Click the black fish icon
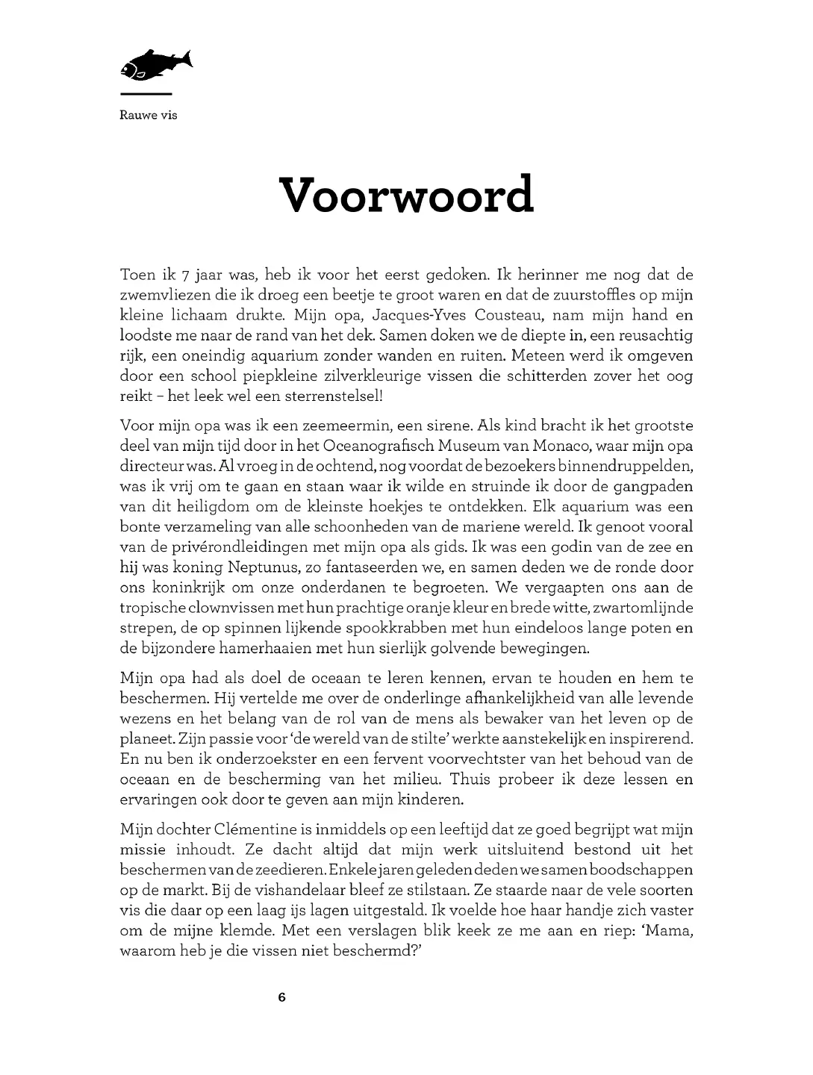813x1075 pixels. (x=155, y=65)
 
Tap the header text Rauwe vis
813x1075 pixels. (x=149, y=115)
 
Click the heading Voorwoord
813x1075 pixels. (x=406, y=195)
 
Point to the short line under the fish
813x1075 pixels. (x=146, y=94)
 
